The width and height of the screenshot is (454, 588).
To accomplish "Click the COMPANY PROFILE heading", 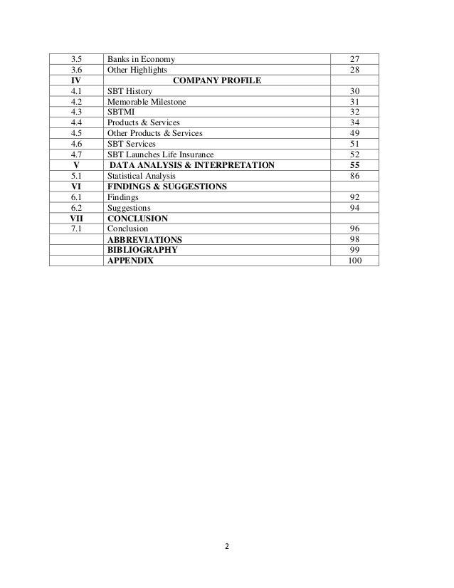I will (x=217, y=80).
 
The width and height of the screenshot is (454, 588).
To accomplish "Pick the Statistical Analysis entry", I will (x=140, y=175).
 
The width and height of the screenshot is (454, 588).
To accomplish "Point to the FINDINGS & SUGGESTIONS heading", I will (x=167, y=186).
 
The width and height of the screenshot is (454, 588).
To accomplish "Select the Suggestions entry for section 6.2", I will (x=129, y=207).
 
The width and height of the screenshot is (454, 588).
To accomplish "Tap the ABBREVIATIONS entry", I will (x=144, y=239).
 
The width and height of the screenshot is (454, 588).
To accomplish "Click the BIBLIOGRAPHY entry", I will (x=142, y=250).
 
